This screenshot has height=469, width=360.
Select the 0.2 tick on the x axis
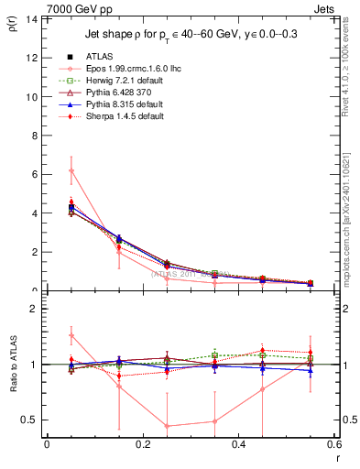142,444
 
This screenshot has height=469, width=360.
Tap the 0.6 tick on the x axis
334,444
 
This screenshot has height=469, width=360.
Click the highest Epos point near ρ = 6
71,170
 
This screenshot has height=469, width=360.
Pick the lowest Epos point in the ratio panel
167,426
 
